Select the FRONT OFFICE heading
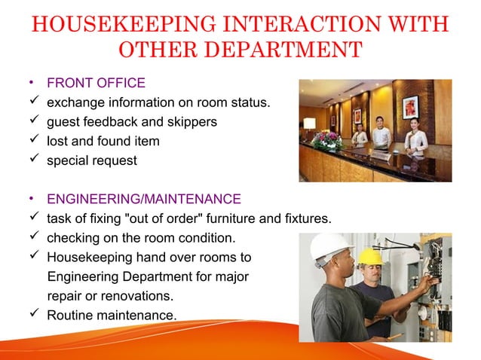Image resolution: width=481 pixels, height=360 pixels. coord(96,83)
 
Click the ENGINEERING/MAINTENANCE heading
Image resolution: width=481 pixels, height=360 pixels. coord(144,200)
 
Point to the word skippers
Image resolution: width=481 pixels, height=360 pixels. coord(191,121)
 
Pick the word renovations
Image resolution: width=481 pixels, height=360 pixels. coord(136,295)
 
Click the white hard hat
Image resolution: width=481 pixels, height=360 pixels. coord(330,246)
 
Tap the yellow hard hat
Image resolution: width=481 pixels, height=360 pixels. coord(369,255)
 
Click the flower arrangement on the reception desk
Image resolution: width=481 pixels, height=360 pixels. coord(326,139)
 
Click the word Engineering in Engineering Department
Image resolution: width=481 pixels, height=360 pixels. coord(81,276)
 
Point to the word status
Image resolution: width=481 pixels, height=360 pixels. coord(249,102)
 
